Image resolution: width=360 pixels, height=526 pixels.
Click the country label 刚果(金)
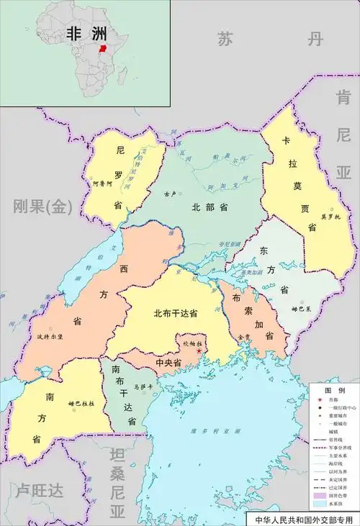(x=42, y=207)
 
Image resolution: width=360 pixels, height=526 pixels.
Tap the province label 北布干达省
(x=176, y=314)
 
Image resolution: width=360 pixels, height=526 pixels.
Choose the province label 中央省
(x=168, y=363)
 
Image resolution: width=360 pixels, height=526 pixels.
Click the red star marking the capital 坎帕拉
(x=199, y=351)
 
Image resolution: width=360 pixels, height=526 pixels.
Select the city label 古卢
(x=170, y=194)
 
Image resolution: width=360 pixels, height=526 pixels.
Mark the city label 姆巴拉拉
(x=82, y=404)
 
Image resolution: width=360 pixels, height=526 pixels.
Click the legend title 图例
(x=331, y=389)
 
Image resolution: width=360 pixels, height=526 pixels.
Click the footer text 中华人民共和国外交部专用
(x=301, y=519)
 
